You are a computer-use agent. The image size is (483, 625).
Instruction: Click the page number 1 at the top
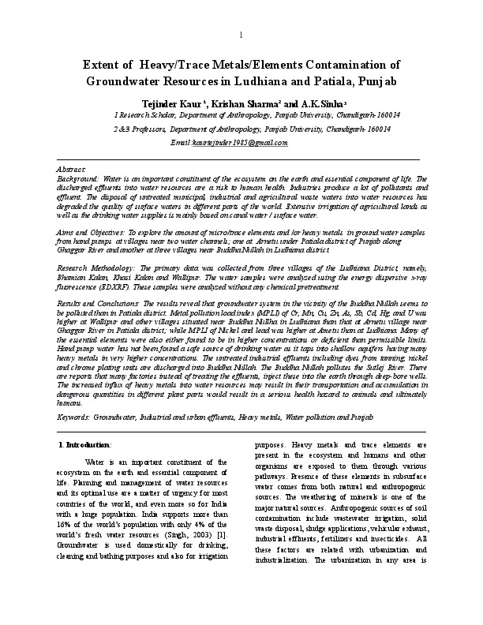pos(241,37)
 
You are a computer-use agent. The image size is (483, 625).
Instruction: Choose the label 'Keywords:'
pos(77,416)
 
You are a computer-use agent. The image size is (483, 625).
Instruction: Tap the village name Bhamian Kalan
pos(81,278)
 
